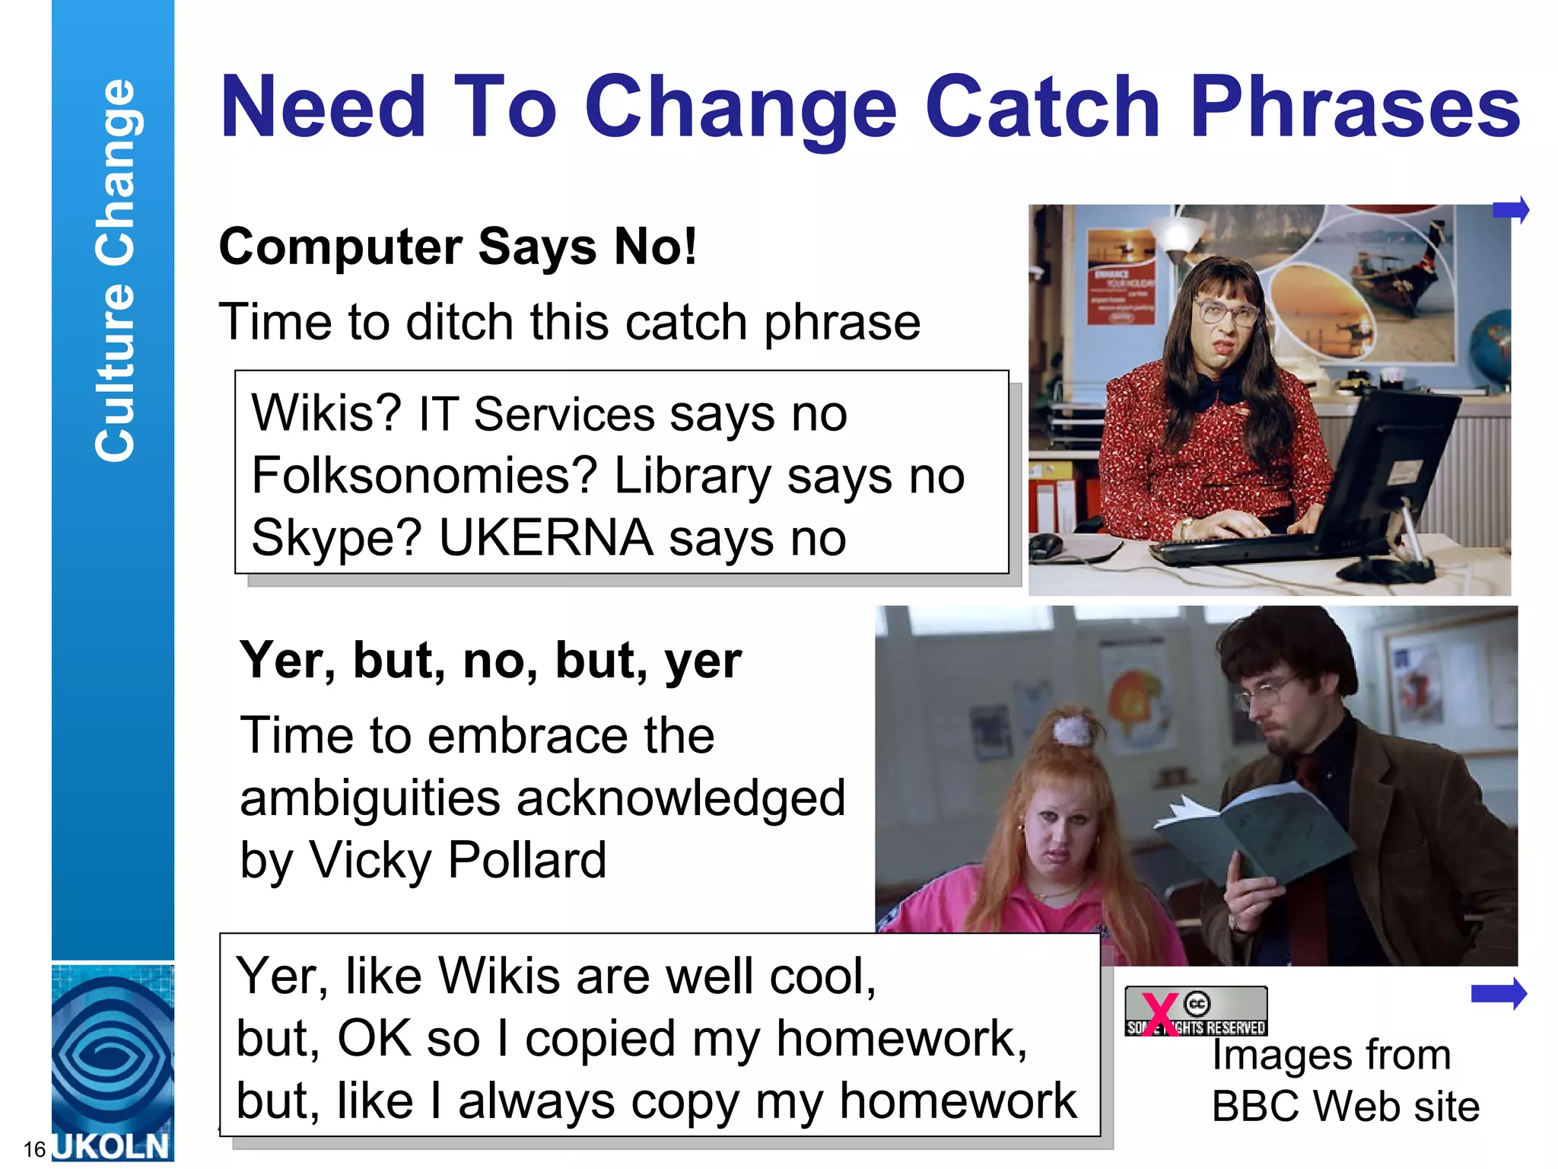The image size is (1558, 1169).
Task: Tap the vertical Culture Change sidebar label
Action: pos(114,270)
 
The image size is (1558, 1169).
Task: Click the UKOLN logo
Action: pos(113,1062)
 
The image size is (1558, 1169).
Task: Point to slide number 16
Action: pos(34,1148)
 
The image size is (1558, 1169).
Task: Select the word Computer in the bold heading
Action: pos(340,247)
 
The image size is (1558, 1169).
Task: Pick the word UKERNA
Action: pos(545,538)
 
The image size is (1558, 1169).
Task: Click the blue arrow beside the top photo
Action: pos(1511,209)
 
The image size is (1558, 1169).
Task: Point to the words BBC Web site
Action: pos(1345,1107)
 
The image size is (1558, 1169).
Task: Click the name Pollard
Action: pos(527,860)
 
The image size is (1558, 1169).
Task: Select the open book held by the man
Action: pos(1255,833)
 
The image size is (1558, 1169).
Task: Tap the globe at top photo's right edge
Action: pos(1491,350)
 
